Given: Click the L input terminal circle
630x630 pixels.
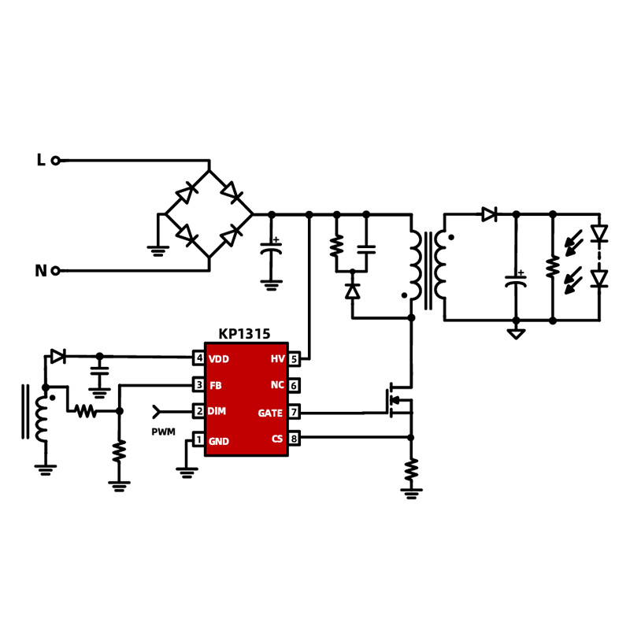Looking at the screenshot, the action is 56,161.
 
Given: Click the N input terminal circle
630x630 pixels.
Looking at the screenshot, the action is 56,271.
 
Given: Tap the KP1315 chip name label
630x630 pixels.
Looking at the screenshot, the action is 244,334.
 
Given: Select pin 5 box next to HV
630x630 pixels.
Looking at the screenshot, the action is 294,359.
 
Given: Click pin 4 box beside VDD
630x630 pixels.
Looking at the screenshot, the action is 199,358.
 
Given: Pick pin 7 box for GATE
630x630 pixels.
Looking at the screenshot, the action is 294,412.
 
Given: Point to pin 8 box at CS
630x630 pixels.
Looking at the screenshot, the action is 294,439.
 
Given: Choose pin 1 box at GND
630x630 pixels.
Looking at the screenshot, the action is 199,439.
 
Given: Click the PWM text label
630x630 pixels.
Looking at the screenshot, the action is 163,432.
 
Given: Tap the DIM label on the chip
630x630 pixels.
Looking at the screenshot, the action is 217,411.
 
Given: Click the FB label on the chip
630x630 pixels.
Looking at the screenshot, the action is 215,386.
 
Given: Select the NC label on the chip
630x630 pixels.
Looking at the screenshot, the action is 277,385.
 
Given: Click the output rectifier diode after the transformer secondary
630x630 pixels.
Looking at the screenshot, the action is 489,214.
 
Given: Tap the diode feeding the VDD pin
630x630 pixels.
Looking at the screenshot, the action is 57,357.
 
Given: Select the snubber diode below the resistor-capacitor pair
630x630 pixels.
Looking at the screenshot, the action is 352,291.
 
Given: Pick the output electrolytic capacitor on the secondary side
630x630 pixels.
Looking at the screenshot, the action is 516,280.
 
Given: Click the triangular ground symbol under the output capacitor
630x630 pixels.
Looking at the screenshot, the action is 516,334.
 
